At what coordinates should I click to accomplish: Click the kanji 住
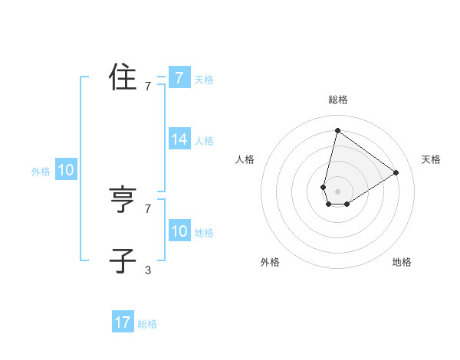(x=123, y=77)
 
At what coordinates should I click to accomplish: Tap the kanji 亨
(x=123, y=200)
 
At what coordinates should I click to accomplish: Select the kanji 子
(x=123, y=260)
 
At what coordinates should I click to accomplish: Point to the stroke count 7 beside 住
(x=148, y=87)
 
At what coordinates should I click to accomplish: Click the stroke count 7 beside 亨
(x=148, y=208)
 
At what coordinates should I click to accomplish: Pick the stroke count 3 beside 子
(x=148, y=270)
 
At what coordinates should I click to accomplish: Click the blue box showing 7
(x=179, y=78)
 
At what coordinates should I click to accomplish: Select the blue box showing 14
(x=179, y=139)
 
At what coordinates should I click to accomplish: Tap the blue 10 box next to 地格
(x=179, y=231)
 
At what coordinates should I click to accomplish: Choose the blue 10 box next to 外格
(x=66, y=171)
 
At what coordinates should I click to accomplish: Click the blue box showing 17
(x=123, y=322)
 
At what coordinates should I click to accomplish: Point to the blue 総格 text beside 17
(x=147, y=324)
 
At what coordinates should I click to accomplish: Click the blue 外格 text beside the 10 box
(x=41, y=172)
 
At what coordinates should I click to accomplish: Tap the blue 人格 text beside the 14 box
(x=204, y=141)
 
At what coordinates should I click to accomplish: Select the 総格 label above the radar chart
(x=337, y=100)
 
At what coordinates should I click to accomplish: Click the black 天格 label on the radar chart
(x=431, y=159)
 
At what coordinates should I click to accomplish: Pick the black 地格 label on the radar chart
(x=402, y=262)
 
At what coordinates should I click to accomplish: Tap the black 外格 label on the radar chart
(x=270, y=262)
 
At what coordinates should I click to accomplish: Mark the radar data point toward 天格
(x=396, y=172)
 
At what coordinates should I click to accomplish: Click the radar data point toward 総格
(x=337, y=130)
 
